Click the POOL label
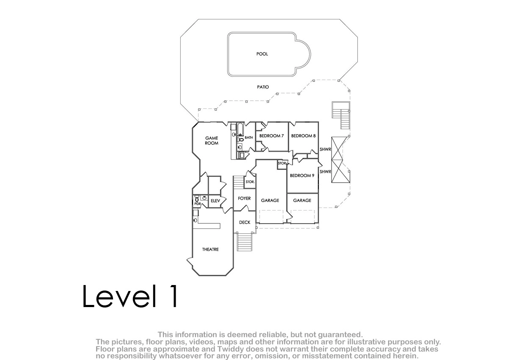click(x=262, y=54)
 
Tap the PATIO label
click(x=263, y=87)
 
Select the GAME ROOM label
click(x=212, y=141)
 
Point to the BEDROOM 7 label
click(x=271, y=136)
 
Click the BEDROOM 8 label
click(x=304, y=136)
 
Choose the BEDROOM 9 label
click(x=302, y=176)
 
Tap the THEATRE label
click(x=210, y=249)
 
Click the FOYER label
click(x=244, y=199)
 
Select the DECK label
click(x=245, y=222)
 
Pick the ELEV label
click(x=215, y=201)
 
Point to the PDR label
click(x=198, y=204)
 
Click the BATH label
click(x=249, y=138)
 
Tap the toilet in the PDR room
click(x=197, y=199)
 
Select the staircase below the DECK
click(x=245, y=242)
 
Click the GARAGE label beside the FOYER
click(x=270, y=200)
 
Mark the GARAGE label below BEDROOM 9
click(x=302, y=200)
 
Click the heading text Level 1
click(x=130, y=296)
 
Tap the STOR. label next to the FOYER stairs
click(x=250, y=182)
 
